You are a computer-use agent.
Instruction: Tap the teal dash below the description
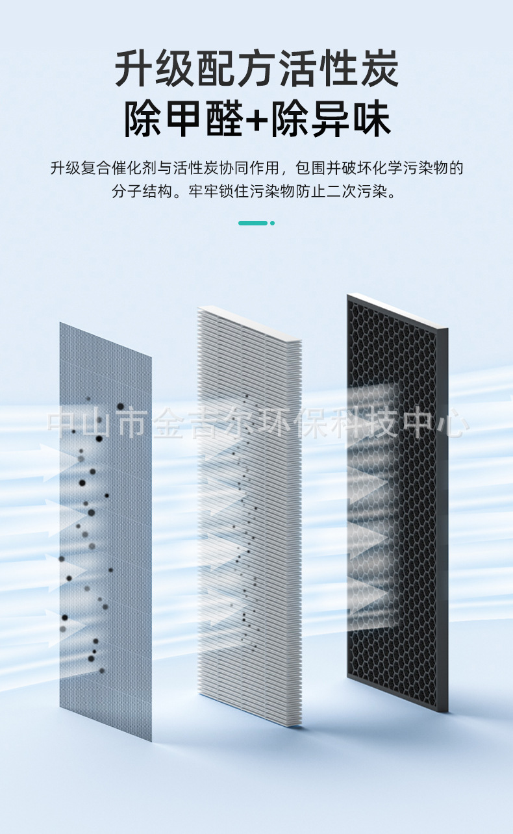pyautogui.click(x=253, y=223)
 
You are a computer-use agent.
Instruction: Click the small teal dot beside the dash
pyautogui.click(x=272, y=223)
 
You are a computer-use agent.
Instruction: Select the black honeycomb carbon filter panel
pyautogui.click(x=397, y=507)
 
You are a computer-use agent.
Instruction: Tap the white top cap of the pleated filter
pyautogui.click(x=250, y=323)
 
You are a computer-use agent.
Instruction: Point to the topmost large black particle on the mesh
pyautogui.click(x=120, y=407)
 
